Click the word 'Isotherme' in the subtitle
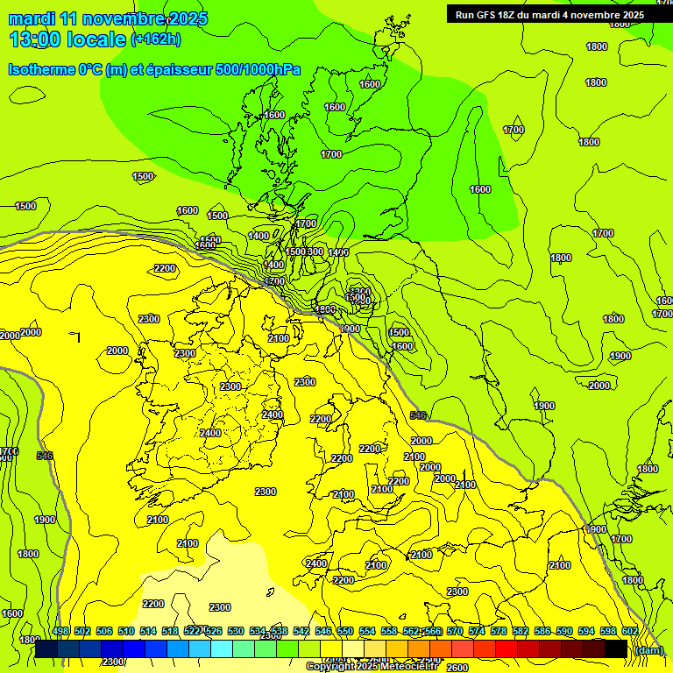click(x=40, y=69)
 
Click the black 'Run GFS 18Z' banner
click(x=549, y=14)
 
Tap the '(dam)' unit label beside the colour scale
click(x=648, y=649)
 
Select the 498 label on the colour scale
click(x=60, y=631)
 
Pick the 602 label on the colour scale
click(x=630, y=631)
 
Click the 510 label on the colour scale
click(x=126, y=631)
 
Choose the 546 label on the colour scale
click(x=323, y=631)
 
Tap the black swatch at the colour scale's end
click(x=616, y=648)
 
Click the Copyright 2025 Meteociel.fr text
click(x=372, y=667)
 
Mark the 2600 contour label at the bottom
click(x=457, y=668)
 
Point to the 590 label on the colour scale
click(x=564, y=631)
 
